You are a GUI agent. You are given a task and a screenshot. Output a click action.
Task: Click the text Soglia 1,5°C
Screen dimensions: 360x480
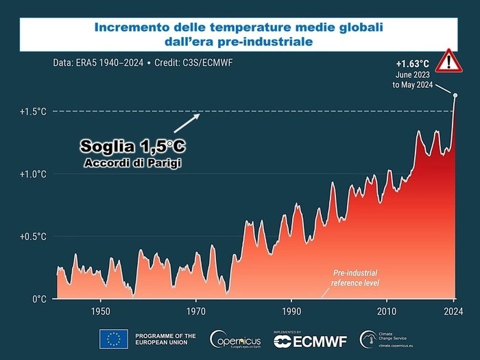tap(132, 146)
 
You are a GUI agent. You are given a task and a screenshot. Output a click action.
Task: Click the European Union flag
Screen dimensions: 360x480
tap(113, 339)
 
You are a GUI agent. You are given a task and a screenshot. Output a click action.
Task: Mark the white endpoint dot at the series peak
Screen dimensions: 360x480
tap(455, 95)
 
